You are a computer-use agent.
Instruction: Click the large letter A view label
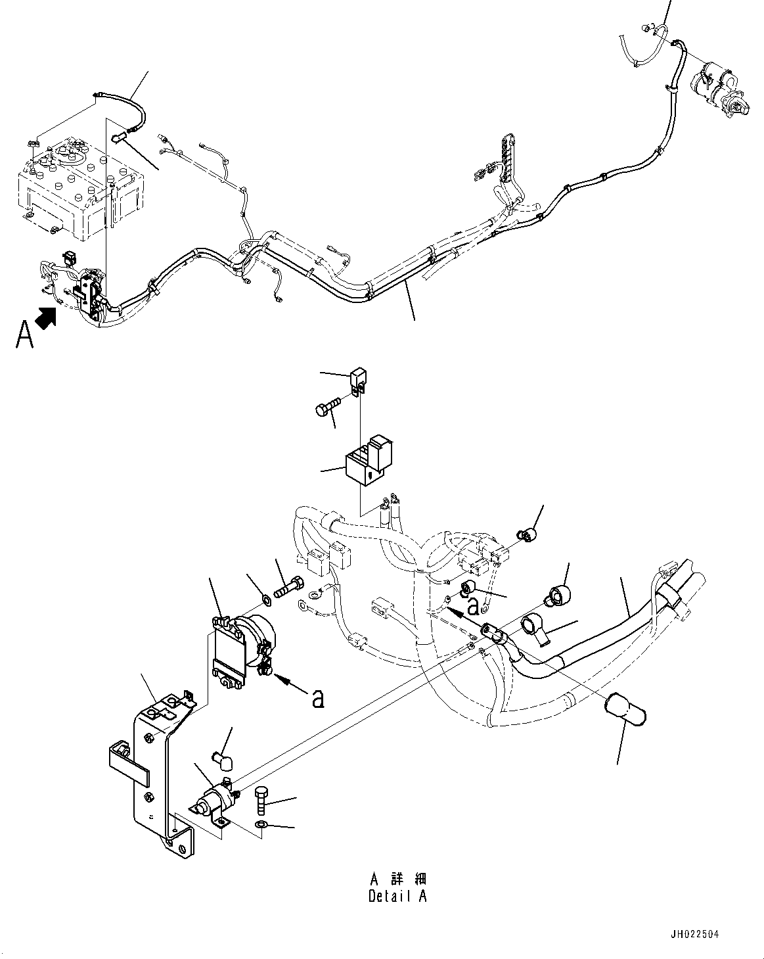24,335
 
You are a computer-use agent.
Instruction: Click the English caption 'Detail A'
397,896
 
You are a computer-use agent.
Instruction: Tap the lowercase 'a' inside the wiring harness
472,603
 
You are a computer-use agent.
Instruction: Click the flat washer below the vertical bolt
261,824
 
